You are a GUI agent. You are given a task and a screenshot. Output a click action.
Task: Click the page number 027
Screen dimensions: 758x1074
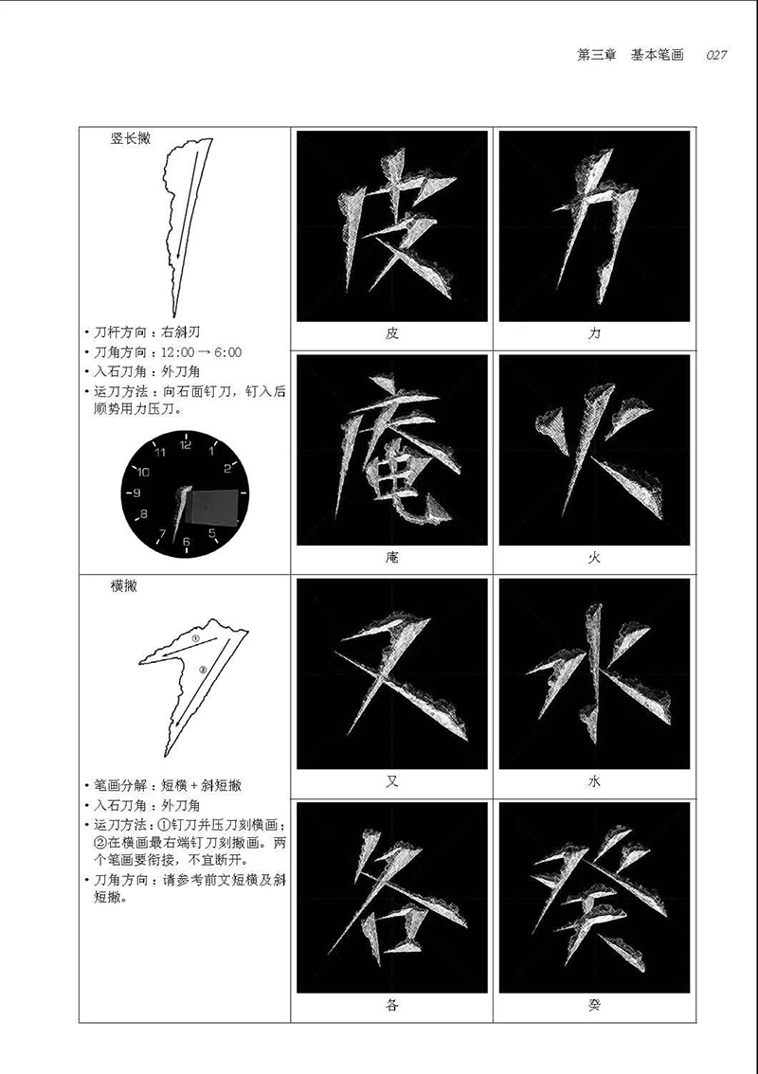click(x=716, y=56)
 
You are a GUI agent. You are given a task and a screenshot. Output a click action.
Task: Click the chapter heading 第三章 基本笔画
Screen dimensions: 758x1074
click(x=630, y=56)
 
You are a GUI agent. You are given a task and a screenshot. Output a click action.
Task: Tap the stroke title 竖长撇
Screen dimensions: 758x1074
click(x=130, y=138)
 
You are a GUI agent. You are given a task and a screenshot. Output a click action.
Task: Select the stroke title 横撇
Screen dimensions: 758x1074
click(x=124, y=586)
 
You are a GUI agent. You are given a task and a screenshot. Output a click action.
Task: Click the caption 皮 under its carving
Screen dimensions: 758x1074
click(x=391, y=333)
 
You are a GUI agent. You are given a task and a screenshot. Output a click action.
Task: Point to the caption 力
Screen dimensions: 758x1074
click(x=594, y=333)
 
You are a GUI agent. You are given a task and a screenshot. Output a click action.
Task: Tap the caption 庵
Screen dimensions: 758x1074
click(x=391, y=558)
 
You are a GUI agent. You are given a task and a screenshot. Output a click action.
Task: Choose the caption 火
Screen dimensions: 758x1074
click(x=594, y=558)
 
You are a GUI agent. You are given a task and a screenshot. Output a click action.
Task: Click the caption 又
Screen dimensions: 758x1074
click(x=391, y=781)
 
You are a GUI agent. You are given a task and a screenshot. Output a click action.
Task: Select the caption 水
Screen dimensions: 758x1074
click(x=594, y=781)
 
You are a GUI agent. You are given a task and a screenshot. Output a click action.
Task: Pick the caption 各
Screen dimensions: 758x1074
click(x=391, y=1006)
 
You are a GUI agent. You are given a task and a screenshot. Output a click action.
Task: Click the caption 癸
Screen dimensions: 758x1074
click(x=594, y=1006)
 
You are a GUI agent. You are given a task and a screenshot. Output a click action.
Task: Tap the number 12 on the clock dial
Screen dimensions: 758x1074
click(x=186, y=444)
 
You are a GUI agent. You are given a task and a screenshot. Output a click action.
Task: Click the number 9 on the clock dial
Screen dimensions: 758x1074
click(x=137, y=492)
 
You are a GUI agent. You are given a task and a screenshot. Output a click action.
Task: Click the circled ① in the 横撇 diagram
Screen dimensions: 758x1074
click(x=195, y=639)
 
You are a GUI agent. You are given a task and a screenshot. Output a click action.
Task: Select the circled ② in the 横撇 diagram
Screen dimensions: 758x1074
click(x=202, y=670)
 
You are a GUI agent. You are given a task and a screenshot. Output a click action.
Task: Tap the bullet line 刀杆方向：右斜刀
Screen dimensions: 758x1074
click(x=142, y=332)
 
